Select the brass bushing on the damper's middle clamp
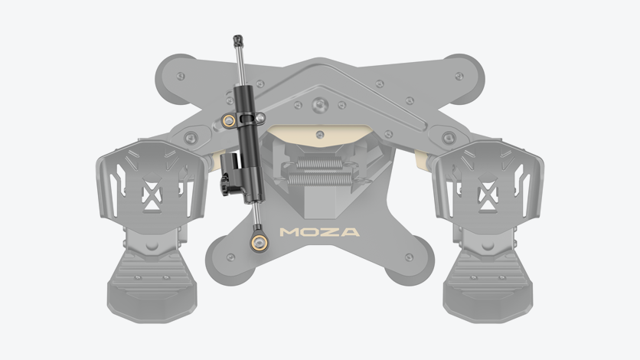(x=229, y=121)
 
